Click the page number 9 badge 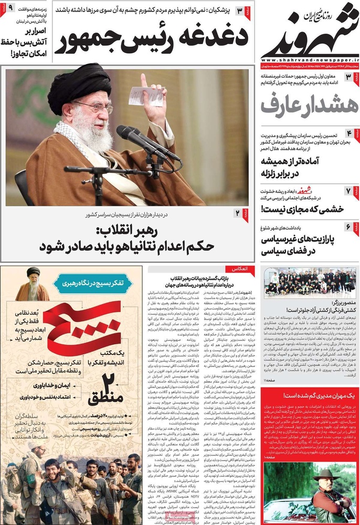(10, 9)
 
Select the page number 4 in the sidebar (349, 133)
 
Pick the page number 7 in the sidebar (349, 191)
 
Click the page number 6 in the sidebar (349, 226)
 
